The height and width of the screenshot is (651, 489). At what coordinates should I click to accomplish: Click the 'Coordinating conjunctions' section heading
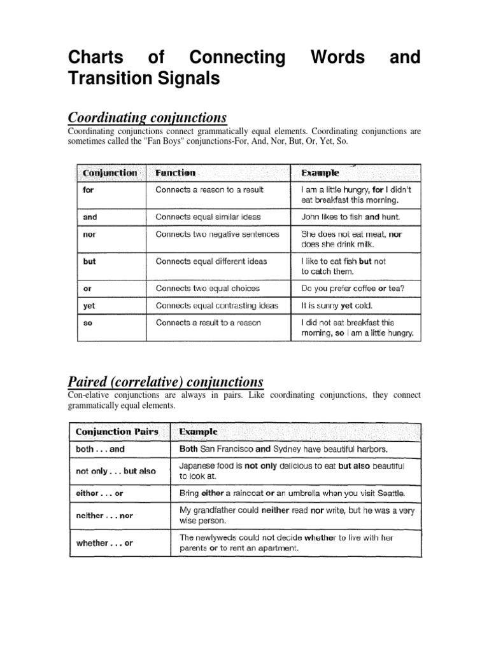click(147, 118)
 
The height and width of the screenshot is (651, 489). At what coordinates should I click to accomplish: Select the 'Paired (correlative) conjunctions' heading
click(165, 381)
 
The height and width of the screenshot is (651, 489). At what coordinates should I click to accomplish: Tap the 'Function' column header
click(175, 173)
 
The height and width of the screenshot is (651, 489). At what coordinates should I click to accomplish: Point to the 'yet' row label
click(89, 306)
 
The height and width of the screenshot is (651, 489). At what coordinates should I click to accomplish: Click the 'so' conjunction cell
click(89, 323)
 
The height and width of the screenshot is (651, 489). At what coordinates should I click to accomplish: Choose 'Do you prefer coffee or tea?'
click(352, 289)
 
